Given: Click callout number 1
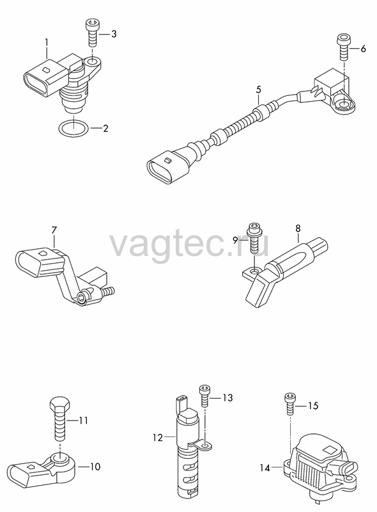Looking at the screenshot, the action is [47, 42].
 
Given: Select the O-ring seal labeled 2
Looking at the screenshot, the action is [73, 129].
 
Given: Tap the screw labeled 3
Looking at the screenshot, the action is [91, 33].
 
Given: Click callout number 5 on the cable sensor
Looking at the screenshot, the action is [259, 89].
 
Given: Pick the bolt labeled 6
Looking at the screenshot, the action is [343, 46].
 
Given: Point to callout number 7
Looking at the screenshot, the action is [54, 230].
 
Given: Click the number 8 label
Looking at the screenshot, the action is [298, 228].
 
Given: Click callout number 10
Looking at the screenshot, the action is [95, 467].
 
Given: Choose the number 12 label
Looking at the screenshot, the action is [158, 437].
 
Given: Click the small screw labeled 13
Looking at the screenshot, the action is [204, 396].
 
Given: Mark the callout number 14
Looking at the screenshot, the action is [265, 468].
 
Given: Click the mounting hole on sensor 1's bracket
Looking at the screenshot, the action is [92, 61].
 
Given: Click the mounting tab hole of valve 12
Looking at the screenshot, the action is [205, 445].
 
